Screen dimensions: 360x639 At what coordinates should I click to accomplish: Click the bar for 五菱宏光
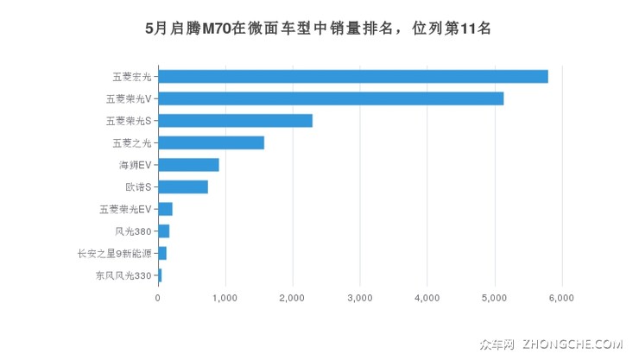point(353,77)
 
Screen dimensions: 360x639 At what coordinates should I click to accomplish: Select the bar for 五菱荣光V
point(331,98)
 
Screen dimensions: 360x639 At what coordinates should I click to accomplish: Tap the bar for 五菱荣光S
point(235,121)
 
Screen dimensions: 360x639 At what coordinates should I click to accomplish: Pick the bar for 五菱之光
point(211,142)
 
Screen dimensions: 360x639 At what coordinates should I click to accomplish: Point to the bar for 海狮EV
point(188,165)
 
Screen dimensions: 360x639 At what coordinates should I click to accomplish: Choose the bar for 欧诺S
point(183,186)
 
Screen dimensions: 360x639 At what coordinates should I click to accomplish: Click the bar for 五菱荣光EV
point(165,209)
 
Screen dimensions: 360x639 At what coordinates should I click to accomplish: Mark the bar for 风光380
point(163,231)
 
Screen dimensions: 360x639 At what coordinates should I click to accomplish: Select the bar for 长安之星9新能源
point(162,253)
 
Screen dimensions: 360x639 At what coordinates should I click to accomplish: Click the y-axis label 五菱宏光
point(131,77)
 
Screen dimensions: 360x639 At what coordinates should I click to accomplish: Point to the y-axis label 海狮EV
point(135,165)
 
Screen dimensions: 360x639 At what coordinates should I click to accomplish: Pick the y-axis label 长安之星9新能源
point(115,253)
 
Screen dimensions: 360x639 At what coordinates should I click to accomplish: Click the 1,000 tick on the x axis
point(225,299)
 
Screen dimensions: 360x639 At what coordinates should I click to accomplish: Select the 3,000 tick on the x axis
point(360,299)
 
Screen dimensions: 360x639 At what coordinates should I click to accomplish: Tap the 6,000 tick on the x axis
point(561,299)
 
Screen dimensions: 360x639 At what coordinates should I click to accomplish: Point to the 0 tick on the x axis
point(158,299)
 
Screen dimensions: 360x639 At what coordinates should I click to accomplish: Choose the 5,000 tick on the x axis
point(495,299)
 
